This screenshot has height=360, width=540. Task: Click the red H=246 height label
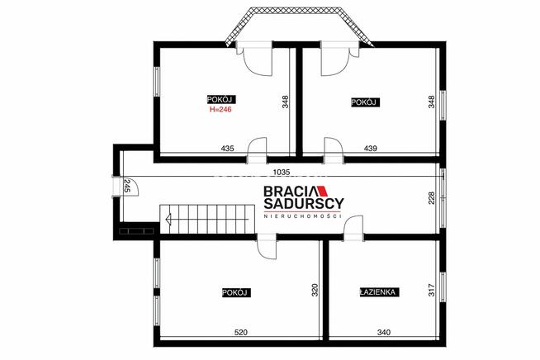click(x=220, y=110)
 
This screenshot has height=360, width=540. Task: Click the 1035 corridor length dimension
click(x=282, y=172)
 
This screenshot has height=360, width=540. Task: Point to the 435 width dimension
click(x=227, y=148)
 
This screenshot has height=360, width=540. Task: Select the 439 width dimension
click(x=371, y=148)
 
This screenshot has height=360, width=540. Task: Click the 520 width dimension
click(x=240, y=333)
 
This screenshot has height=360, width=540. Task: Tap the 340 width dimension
click(x=384, y=333)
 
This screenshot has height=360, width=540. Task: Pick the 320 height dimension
click(x=315, y=290)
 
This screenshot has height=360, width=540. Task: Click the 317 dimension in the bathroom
click(x=432, y=290)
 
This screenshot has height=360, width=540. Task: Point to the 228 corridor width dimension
click(x=432, y=198)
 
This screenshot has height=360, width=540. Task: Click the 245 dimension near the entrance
click(x=126, y=186)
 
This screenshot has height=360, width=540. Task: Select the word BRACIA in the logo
click(x=290, y=192)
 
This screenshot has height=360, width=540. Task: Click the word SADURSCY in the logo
click(x=304, y=203)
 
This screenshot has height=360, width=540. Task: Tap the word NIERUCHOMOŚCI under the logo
click(x=303, y=216)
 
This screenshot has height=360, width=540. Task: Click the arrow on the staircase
click(x=206, y=219)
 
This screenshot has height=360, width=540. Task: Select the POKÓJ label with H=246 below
click(x=221, y=99)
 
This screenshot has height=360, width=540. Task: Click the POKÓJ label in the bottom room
click(x=236, y=293)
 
